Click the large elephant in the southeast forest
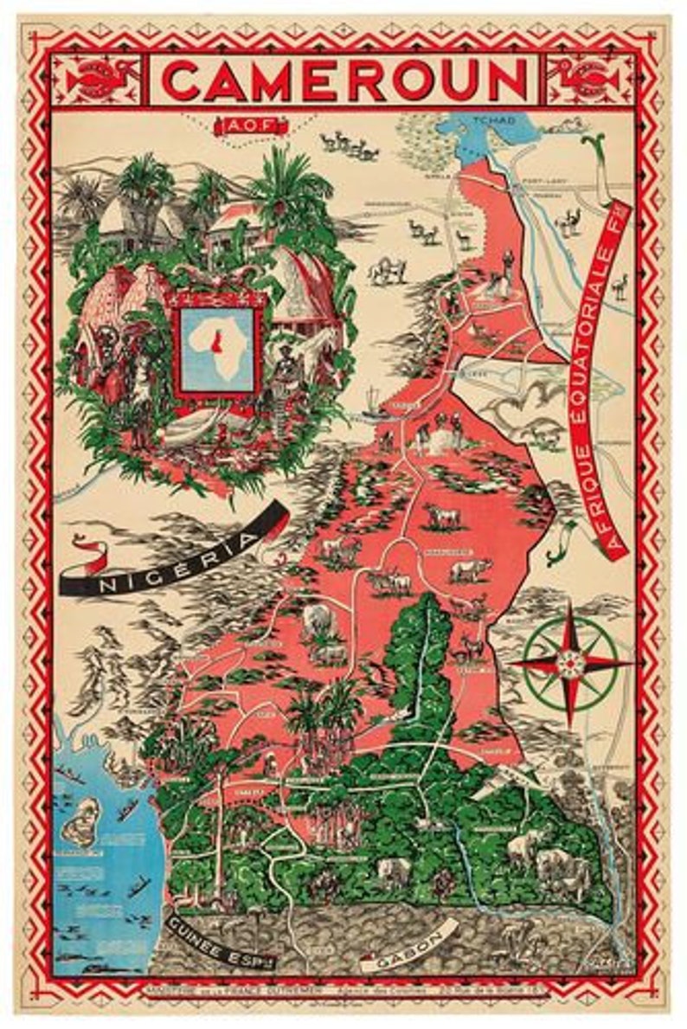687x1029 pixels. pos(554,861)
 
